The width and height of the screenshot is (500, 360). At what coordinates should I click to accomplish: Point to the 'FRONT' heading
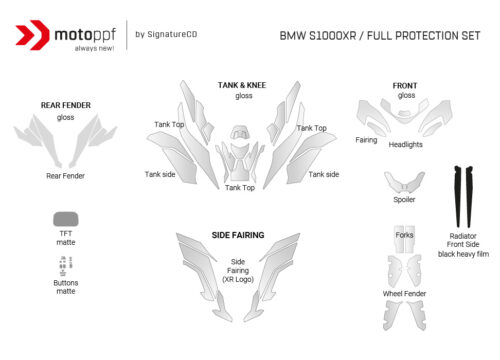point(406,86)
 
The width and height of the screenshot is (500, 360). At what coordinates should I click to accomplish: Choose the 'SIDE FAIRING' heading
point(238,235)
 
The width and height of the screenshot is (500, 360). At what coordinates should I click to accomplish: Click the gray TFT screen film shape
point(67,218)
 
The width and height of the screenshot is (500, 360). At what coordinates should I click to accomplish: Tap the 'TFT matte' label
point(66,237)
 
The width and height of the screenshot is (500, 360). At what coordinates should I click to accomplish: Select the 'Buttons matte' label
point(66,286)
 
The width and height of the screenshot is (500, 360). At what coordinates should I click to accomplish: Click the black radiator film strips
point(462,196)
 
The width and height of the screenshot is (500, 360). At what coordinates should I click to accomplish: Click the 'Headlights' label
point(405,144)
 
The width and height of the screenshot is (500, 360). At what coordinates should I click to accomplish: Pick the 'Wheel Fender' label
point(404,293)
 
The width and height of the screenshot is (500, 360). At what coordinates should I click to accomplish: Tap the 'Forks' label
point(404,235)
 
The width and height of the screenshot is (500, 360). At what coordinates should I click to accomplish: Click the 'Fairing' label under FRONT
point(366,140)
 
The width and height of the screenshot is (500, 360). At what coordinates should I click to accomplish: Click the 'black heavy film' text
point(463,254)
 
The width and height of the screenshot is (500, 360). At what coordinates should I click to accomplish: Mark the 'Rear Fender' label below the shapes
point(66,176)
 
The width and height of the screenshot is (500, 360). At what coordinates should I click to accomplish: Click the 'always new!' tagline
point(79,48)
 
